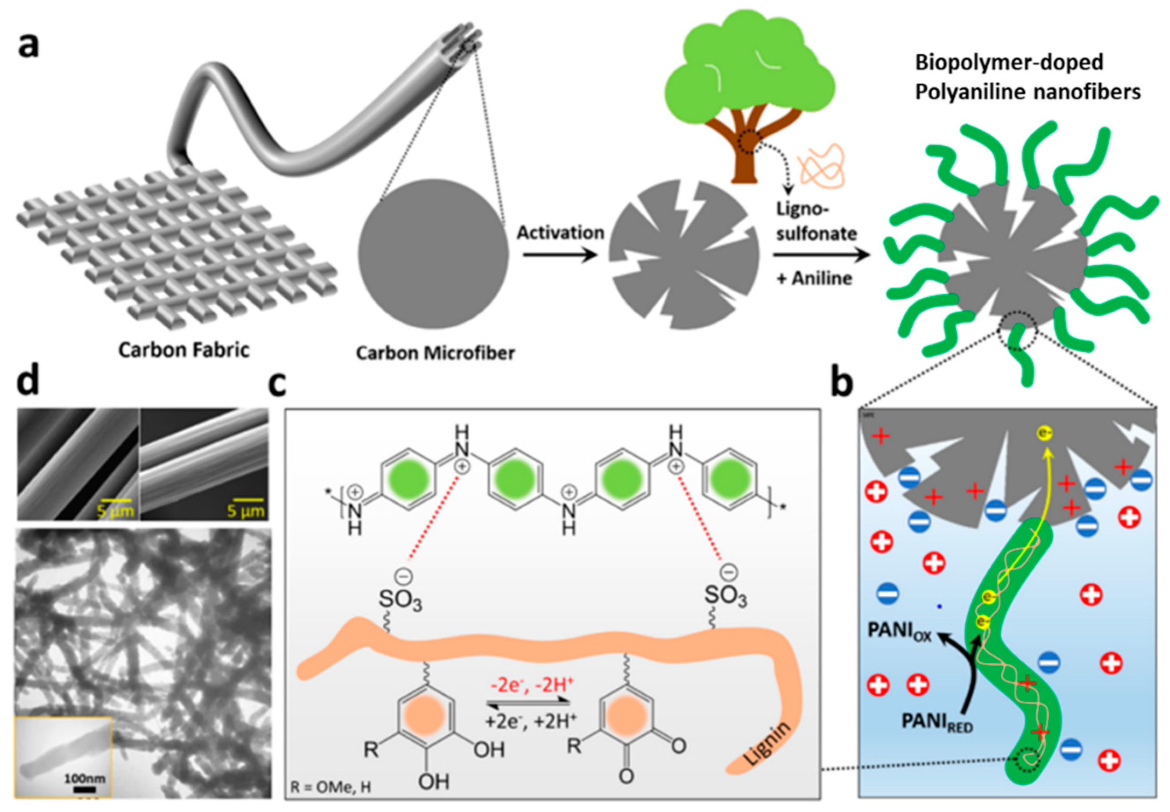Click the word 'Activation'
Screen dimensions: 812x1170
(x=560, y=232)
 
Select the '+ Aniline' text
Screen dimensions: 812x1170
(x=814, y=278)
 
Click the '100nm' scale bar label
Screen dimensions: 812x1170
(x=85, y=778)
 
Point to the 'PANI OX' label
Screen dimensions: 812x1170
(x=899, y=633)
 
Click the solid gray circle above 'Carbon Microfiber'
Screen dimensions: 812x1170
(x=433, y=254)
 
